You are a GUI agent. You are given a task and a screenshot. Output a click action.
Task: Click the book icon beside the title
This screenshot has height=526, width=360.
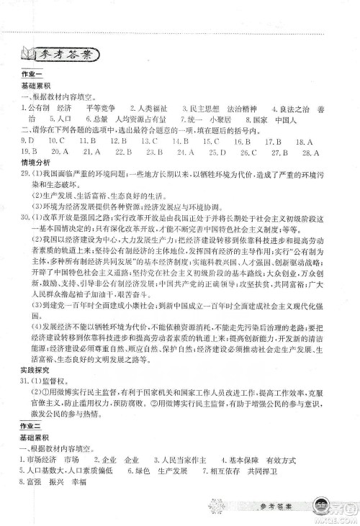coord(28,54)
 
